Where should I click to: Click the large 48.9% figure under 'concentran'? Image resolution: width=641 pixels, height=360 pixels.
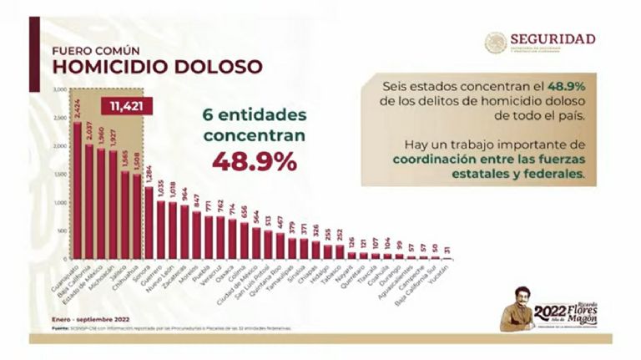pyautogui.click(x=254, y=161)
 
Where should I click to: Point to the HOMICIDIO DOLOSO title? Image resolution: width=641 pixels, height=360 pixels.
pyautogui.click(x=157, y=66)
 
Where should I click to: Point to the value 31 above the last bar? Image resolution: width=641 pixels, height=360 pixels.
pyautogui.click(x=448, y=251)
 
